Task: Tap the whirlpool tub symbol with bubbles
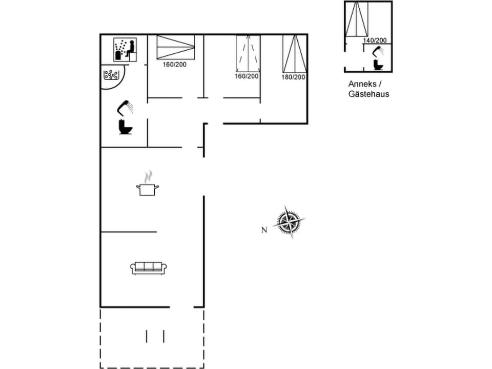pyautogui.click(x=111, y=75)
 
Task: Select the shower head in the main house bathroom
pyautogui.click(x=125, y=107)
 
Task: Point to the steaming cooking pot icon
pyautogui.click(x=148, y=185)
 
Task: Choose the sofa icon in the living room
pyautogui.click(x=149, y=268)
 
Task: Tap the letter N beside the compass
pyautogui.click(x=264, y=230)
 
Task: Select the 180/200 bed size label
pyautogui.click(x=293, y=77)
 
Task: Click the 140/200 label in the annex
pyautogui.click(x=375, y=40)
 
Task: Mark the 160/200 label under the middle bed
pyautogui.click(x=247, y=76)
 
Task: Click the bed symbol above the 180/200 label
pyautogui.click(x=295, y=54)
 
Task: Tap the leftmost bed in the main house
pyautogui.click(x=176, y=47)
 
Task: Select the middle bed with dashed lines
pyautogui.click(x=248, y=53)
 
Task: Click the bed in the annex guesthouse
pyautogui.click(x=357, y=19)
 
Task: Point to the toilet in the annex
pyautogui.click(x=379, y=65)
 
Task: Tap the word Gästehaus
pyautogui.click(x=368, y=94)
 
